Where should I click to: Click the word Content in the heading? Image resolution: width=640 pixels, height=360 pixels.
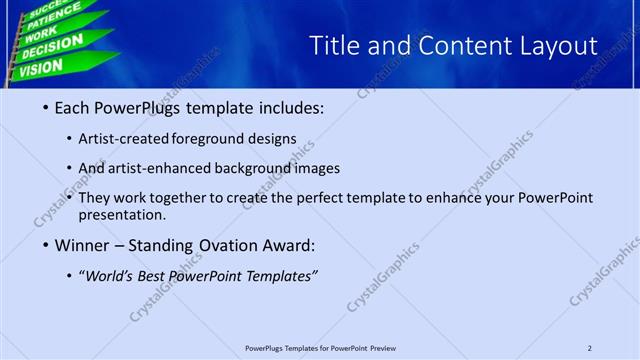pos(442,46)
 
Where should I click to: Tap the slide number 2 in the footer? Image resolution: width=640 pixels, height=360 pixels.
pos(590,348)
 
